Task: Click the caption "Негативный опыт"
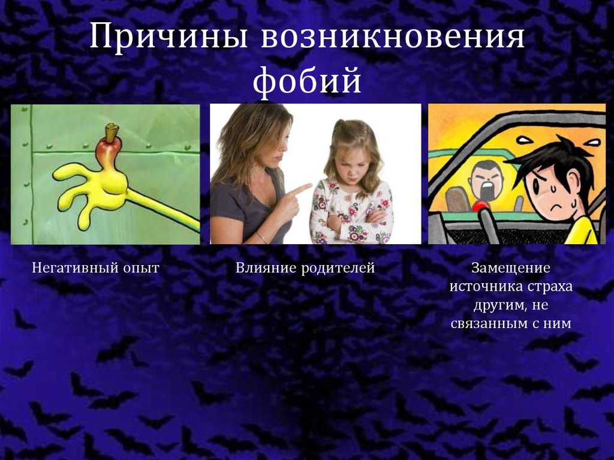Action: tap(95, 268)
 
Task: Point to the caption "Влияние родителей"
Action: tap(305, 268)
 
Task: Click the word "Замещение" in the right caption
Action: tap(511, 268)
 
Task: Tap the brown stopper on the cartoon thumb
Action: tap(112, 133)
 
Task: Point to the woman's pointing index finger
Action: tap(299, 190)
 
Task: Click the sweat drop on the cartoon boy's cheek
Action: tap(552, 188)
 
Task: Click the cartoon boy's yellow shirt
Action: tap(582, 231)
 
